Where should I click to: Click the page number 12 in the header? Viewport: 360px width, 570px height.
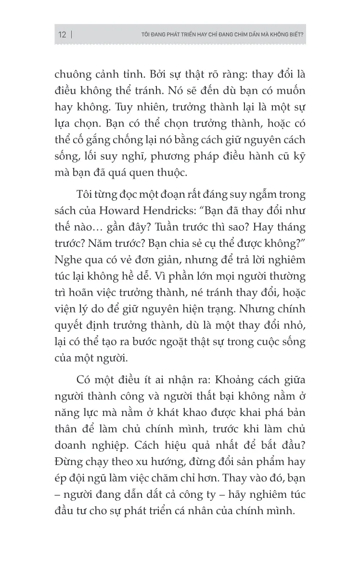62,35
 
